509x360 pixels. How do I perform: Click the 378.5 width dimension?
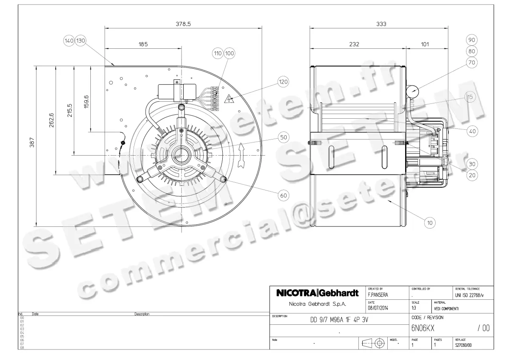tap(183, 24)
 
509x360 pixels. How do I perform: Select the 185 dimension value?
tap(143, 44)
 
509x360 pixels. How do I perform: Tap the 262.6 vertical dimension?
tap(51, 120)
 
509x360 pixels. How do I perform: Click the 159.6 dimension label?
tap(86, 100)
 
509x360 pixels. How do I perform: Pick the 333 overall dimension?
tap(381, 24)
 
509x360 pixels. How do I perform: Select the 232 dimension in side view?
tap(354, 44)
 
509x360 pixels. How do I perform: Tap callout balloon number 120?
tap(283, 81)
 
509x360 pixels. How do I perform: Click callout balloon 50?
tap(283, 137)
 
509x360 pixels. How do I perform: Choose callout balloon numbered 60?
tap(283, 195)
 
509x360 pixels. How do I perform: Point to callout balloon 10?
tap(430, 221)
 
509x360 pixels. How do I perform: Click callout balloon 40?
tap(473, 131)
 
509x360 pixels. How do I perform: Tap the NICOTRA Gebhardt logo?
tap(317, 293)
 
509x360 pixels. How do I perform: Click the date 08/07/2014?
tap(378, 308)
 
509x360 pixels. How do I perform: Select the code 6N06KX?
tap(423, 328)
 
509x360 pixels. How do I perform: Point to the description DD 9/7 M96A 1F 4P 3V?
tap(339, 321)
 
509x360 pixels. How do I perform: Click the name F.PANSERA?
tap(378, 294)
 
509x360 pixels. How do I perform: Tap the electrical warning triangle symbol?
tap(229, 99)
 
